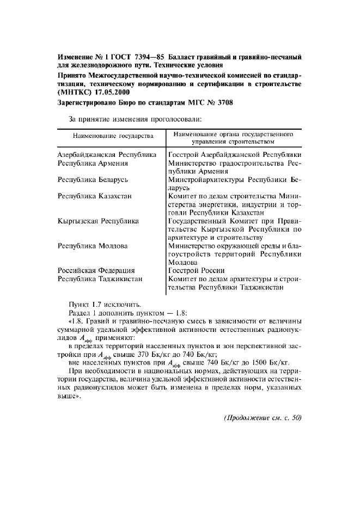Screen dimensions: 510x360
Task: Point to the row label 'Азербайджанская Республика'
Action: (107, 155)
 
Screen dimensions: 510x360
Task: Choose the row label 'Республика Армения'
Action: (93, 163)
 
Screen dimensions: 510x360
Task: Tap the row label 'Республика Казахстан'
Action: (94, 196)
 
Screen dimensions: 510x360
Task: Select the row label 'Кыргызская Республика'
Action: (98, 221)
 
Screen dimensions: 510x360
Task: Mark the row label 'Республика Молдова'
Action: (93, 246)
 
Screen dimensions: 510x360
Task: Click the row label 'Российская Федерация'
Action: (96, 270)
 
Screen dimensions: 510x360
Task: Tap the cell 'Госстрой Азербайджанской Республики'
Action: (235, 155)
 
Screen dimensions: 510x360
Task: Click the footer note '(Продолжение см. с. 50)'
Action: (262, 419)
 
